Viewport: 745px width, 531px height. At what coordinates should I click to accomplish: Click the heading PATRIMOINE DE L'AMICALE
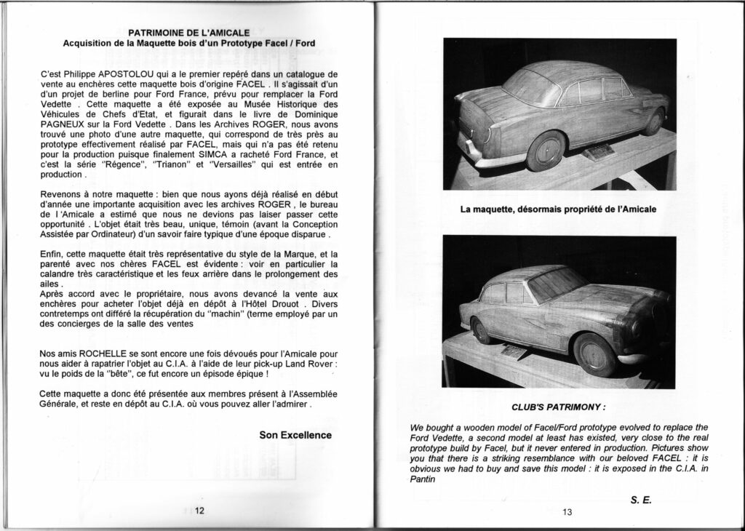(189, 32)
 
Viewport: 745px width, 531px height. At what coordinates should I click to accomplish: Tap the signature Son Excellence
(295, 435)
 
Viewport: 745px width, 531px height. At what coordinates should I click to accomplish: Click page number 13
(567, 512)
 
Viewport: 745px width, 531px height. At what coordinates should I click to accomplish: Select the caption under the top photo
(558, 209)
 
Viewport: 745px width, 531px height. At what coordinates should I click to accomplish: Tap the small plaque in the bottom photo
(514, 351)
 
